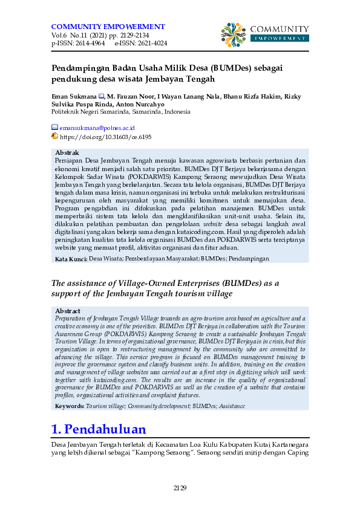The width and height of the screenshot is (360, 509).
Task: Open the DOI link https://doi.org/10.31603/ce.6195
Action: [x=105, y=137]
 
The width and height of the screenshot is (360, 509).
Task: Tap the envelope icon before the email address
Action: [x=54, y=128]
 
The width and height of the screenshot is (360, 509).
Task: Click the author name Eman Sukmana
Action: [x=74, y=96]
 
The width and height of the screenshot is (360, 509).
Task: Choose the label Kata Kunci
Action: [x=71, y=259]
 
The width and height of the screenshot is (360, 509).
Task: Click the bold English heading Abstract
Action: [x=67, y=311]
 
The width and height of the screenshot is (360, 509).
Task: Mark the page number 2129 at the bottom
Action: [x=180, y=488]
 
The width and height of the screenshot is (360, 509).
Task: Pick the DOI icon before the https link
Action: [x=54, y=137]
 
